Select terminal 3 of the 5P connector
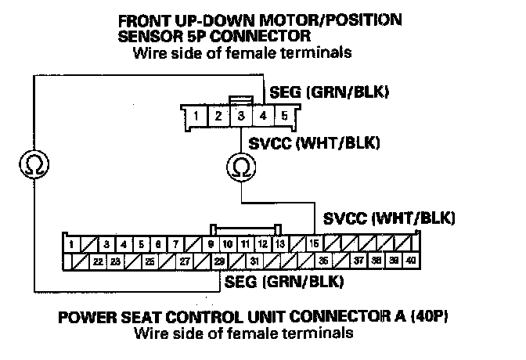click(x=242, y=117)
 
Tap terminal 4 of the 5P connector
click(x=264, y=117)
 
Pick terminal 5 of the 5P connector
click(x=285, y=117)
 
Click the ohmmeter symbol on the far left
click(x=32, y=165)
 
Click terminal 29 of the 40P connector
click(x=221, y=261)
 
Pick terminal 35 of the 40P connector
click(x=323, y=261)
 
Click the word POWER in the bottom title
click(x=82, y=319)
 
